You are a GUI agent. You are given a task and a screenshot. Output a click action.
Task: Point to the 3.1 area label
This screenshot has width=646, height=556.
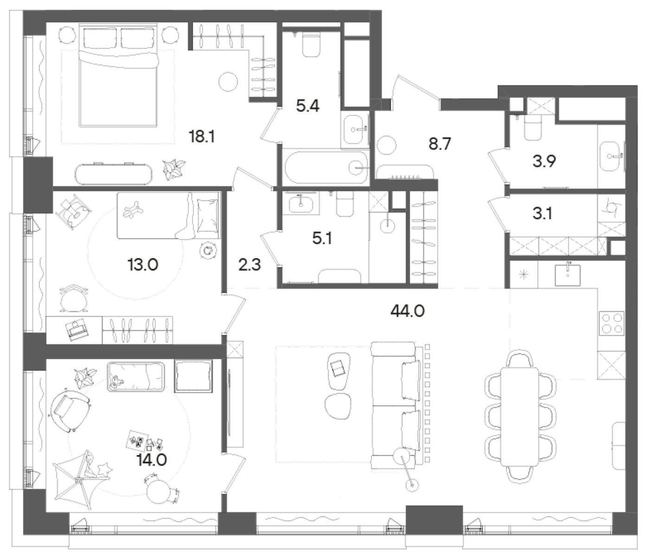[x=542, y=215]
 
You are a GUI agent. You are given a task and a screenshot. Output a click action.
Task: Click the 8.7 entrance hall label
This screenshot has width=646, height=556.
[x=439, y=144]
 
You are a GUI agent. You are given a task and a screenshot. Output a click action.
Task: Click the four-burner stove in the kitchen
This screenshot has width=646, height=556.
[x=612, y=323]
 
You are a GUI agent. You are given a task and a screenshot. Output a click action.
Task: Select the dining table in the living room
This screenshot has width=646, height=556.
[x=520, y=417]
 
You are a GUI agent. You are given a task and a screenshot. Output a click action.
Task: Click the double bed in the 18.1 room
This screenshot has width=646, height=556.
[x=118, y=81]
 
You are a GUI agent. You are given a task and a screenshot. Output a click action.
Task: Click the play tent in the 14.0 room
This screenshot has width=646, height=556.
[x=83, y=480]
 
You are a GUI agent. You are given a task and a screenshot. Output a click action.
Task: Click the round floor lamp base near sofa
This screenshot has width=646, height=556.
[x=411, y=485]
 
